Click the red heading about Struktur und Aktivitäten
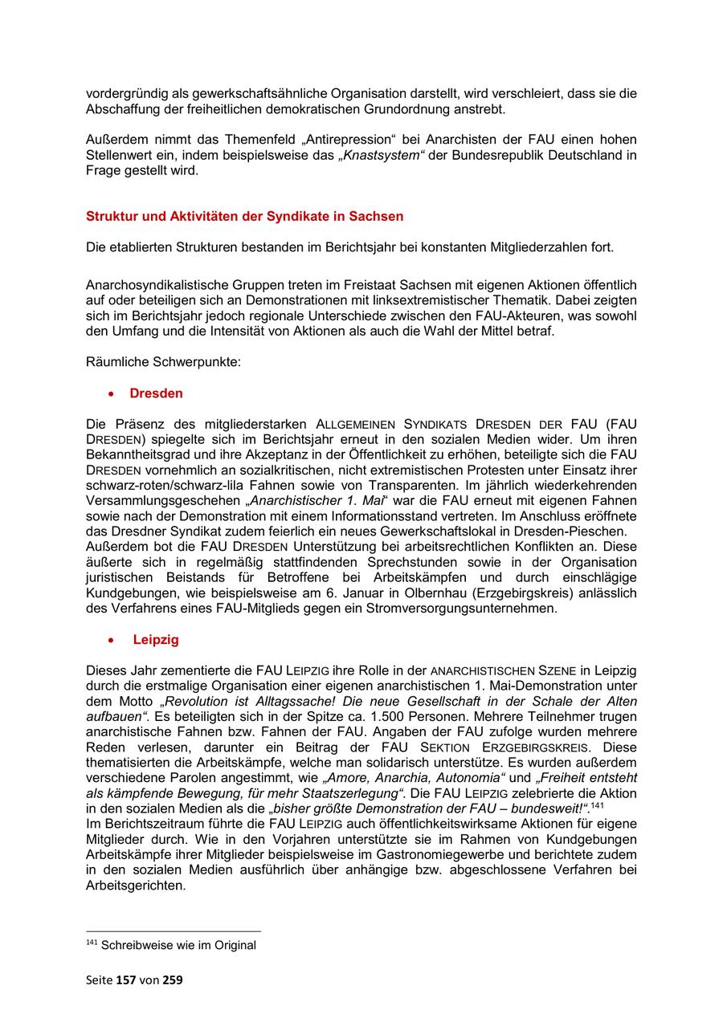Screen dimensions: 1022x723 click(244, 216)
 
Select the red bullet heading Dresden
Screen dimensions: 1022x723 click(156, 393)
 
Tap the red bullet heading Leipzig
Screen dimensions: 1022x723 click(156, 640)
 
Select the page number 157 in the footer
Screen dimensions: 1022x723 click(127, 980)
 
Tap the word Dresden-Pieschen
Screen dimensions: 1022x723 click(576, 531)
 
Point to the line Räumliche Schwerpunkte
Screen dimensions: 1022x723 click(163, 362)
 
